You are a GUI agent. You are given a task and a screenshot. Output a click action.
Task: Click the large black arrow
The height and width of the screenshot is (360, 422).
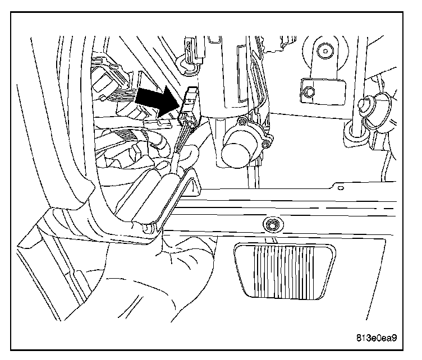(154, 101)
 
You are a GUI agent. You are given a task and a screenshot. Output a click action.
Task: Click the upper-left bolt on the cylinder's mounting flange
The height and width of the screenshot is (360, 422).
(242, 120)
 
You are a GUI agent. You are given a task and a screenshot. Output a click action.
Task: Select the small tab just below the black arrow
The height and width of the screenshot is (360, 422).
(163, 122)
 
